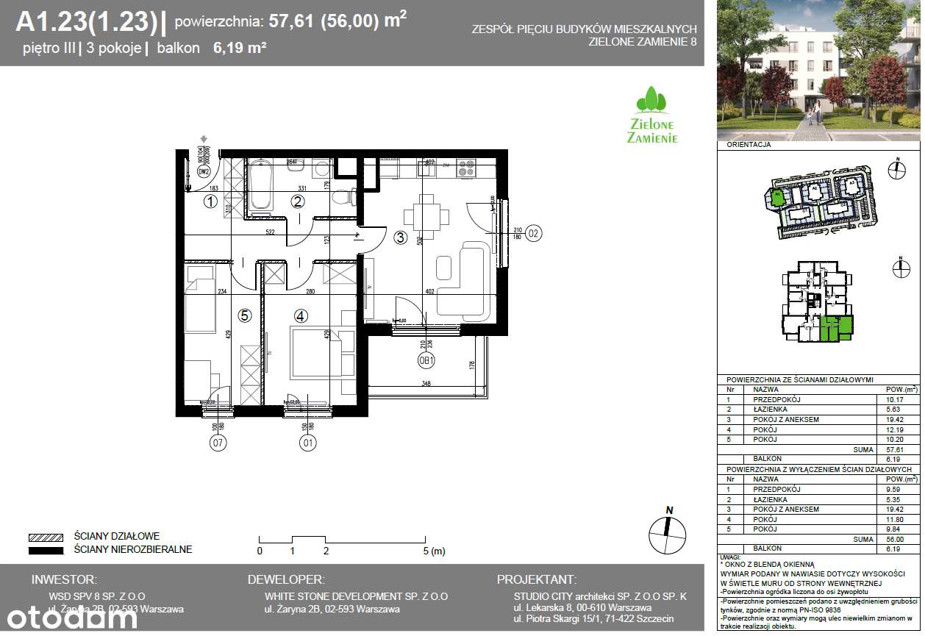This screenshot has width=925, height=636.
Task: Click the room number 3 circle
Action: coord(400,237)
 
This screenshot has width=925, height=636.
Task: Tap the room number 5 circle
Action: coord(245,315)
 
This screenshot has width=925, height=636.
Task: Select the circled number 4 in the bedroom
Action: coord(300,315)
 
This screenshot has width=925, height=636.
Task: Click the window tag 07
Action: coord(218,443)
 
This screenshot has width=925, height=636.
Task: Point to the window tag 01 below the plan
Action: coord(307,443)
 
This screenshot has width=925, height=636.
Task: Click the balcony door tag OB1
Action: coord(427,361)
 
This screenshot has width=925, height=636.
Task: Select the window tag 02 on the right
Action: coord(533,234)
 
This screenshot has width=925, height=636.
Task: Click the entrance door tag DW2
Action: coord(204,172)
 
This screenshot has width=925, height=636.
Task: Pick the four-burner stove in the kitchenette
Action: coord(467,168)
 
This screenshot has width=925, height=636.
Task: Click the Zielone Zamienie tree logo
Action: coord(651,115)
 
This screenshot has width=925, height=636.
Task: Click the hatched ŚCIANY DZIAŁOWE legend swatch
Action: coord(46,537)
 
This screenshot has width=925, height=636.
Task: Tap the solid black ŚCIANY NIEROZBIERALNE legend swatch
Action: coord(46,549)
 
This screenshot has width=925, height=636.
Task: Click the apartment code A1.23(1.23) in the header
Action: coord(86,23)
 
